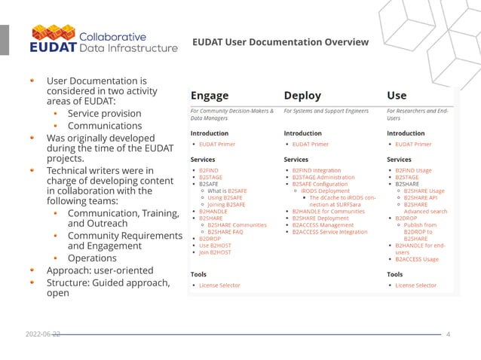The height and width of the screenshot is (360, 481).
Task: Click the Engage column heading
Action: coord(210,96)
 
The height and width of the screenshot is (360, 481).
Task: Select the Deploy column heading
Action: coord(302,96)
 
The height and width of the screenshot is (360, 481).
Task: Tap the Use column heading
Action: coord(396,96)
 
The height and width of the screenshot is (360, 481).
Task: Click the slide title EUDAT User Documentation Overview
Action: coord(280,41)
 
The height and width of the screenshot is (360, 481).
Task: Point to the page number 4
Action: coord(448,334)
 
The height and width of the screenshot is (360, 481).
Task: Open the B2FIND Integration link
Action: coord(317,171)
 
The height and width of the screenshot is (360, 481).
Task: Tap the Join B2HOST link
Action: coord(215,252)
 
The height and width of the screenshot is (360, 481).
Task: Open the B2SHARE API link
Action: coord(421,198)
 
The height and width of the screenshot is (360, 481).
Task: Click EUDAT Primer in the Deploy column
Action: coord(311,144)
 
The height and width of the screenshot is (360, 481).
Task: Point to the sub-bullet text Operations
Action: coord(92,258)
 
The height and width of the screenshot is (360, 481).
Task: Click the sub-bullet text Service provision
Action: coord(104,113)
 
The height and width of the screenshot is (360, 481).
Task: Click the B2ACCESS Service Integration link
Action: coord(329,232)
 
